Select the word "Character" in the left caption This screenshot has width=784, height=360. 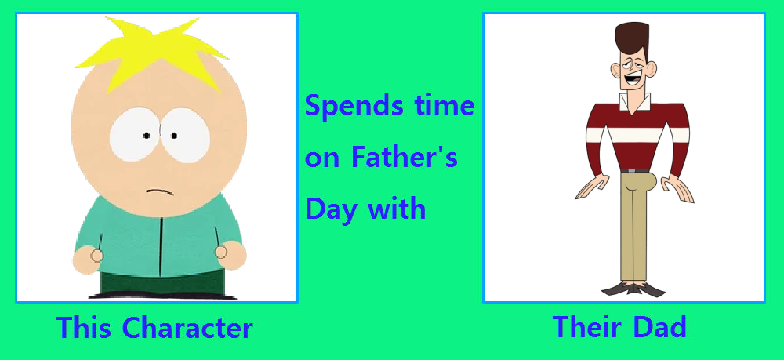point(187,328)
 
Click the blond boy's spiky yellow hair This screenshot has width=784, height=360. point(150,53)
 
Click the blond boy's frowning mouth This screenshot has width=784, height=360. point(159,191)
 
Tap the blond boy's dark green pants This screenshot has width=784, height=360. point(162,282)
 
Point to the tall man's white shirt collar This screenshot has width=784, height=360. point(635,101)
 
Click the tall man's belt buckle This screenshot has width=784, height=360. point(632,171)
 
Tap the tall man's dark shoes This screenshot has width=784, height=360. point(633,289)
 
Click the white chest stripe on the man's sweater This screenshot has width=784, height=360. point(636,134)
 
